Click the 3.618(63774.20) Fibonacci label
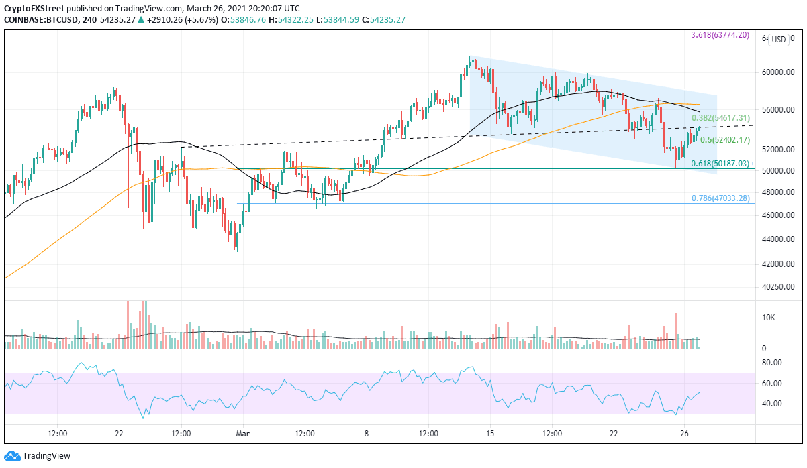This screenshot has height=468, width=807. pyautogui.click(x=720, y=35)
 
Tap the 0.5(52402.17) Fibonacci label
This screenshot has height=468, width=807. pyautogui.click(x=724, y=140)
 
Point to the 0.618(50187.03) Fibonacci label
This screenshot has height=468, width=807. pyautogui.click(x=721, y=163)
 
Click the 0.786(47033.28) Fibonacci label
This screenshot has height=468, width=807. pyautogui.click(x=720, y=198)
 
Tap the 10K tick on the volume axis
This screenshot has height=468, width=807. pyautogui.click(x=769, y=317)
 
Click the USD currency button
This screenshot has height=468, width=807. pyautogui.click(x=778, y=40)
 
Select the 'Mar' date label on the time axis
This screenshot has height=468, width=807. pyautogui.click(x=242, y=434)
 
